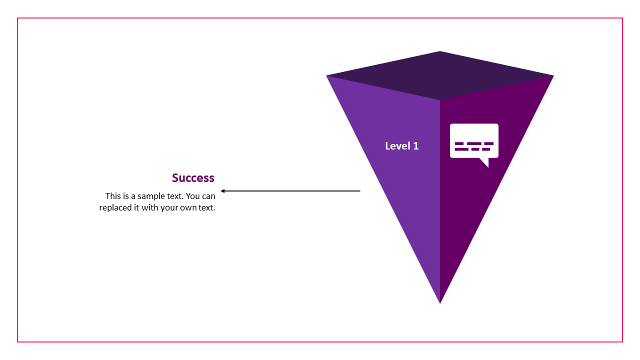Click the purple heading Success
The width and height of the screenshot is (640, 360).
(193, 178)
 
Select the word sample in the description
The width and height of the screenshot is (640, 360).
(150, 196)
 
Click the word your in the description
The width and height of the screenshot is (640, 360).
(169, 207)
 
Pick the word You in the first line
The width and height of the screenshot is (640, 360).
(193, 196)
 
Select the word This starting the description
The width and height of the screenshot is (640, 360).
(113, 196)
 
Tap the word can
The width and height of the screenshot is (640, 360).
(209, 196)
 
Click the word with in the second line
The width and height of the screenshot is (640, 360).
(149, 207)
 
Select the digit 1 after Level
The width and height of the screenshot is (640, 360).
(416, 146)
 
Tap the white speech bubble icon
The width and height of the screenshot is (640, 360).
(474, 141)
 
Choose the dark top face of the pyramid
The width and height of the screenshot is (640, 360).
(440, 75)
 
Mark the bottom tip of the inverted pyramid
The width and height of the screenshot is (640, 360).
(440, 302)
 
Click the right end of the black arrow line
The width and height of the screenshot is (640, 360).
(359, 191)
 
